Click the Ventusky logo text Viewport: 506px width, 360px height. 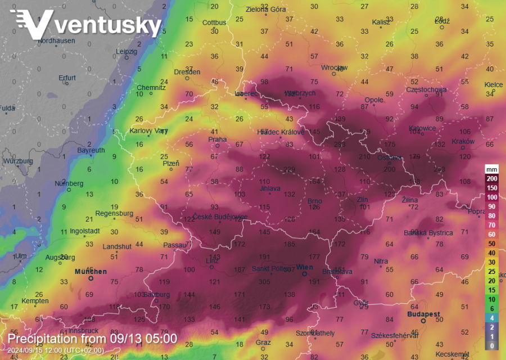pyautogui.click(x=107, y=25)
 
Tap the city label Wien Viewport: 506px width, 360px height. pyautogui.click(x=304, y=267)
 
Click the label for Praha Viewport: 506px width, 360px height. pyautogui.click(x=217, y=139)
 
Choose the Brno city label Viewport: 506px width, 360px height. pyautogui.click(x=314, y=201)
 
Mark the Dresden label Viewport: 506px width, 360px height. pyautogui.click(x=187, y=72)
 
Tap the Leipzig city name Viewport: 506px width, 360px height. pyautogui.click(x=126, y=51)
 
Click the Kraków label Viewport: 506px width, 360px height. pyautogui.click(x=463, y=142)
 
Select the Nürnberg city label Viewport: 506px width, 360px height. pyautogui.click(x=69, y=183)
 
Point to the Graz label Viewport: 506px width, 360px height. pyautogui.click(x=263, y=342)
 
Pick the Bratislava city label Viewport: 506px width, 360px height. pyautogui.click(x=337, y=272)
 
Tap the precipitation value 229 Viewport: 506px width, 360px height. pyautogui.click(x=289, y=170)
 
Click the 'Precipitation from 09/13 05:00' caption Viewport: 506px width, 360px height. pyautogui.click(x=92, y=339)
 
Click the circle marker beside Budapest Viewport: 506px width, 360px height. pyautogui.click(x=423, y=321)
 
